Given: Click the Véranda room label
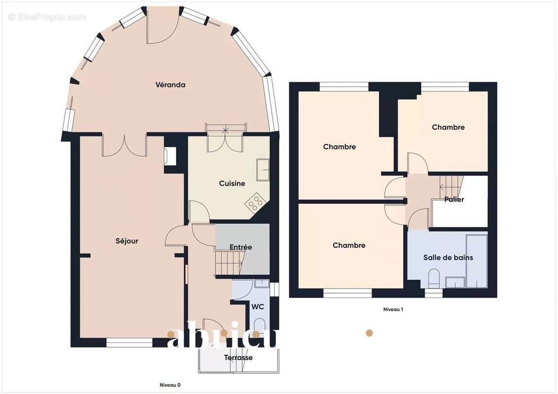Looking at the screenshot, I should (170, 85).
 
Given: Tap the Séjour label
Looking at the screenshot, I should (127, 241).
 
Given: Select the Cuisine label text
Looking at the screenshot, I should (232, 184).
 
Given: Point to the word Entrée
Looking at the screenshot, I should (241, 247).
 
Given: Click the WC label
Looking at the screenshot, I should (258, 307).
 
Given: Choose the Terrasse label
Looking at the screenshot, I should (238, 358).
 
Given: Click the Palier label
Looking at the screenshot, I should (454, 199).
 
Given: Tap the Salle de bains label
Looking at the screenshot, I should (448, 258).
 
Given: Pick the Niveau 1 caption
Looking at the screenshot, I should (393, 310).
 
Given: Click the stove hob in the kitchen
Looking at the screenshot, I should (255, 202).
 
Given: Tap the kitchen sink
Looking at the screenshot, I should (263, 170).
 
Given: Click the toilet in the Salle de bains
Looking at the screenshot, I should (434, 278).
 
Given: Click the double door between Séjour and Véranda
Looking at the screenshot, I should (125, 146).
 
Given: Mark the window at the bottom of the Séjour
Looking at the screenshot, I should (129, 342).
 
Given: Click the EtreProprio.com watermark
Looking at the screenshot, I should (47, 17).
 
